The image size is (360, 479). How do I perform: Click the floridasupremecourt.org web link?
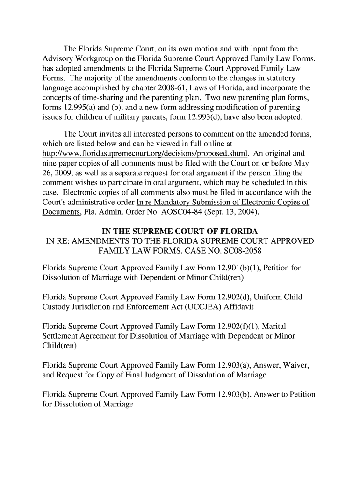point(145,154)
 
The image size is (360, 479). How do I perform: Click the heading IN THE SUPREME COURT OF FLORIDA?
point(180,232)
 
